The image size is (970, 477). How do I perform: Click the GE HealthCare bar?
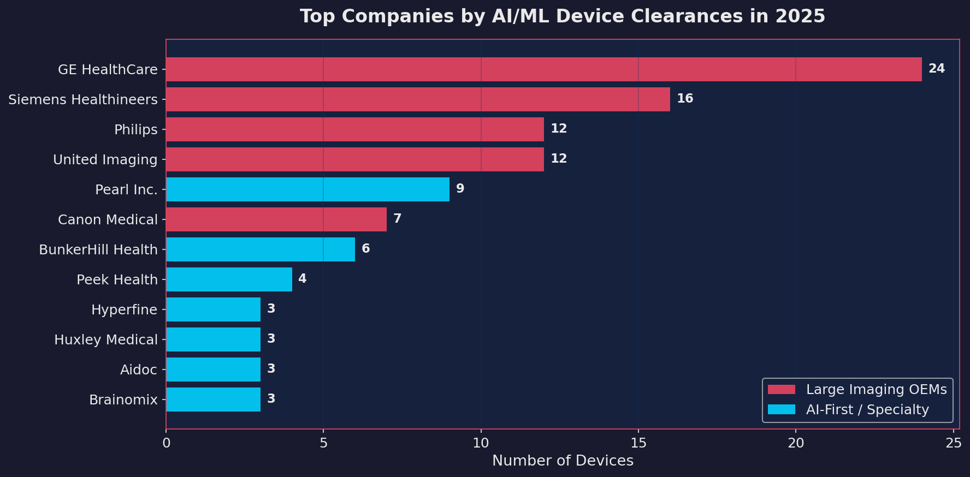click(x=543, y=69)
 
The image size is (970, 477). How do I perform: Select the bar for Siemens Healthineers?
click(x=418, y=99)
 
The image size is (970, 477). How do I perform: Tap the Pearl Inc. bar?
click(x=307, y=189)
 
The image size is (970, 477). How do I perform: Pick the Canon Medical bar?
click(x=276, y=219)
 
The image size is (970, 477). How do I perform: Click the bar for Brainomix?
click(x=213, y=400)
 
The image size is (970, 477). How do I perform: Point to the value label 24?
click(x=936, y=69)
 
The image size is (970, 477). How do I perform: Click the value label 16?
click(x=684, y=99)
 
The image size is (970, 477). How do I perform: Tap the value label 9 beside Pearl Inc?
click(x=460, y=189)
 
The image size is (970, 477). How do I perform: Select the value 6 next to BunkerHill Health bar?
click(x=365, y=249)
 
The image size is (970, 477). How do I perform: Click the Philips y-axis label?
click(x=135, y=130)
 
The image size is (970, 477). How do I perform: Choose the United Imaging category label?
click(x=105, y=160)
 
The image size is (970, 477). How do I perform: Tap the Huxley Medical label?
click(x=105, y=340)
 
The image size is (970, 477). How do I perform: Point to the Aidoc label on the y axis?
click(x=138, y=370)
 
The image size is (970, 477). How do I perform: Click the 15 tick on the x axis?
click(x=638, y=443)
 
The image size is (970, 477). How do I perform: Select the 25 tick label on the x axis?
click(x=953, y=443)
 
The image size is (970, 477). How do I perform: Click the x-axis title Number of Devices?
click(x=563, y=461)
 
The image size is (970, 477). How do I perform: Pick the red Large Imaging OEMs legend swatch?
click(x=781, y=390)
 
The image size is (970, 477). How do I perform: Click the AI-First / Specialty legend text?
click(x=867, y=410)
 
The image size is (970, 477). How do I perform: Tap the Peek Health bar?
click(x=229, y=279)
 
